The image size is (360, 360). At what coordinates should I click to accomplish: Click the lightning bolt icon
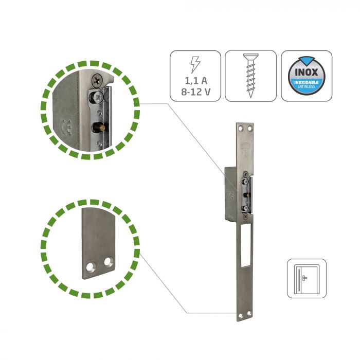coord(195,64)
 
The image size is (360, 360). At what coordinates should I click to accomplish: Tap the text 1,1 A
coord(196,81)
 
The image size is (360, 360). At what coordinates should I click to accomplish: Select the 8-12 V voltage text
coord(195,92)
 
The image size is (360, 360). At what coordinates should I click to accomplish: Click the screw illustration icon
coord(250,76)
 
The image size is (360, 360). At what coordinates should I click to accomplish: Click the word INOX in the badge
coord(307,73)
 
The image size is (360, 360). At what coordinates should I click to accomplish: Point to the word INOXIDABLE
coord(307,82)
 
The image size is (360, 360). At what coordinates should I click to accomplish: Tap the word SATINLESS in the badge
coord(307,86)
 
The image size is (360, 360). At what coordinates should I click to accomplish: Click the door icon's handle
coord(304,278)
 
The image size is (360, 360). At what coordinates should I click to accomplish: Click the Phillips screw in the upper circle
coord(97,80)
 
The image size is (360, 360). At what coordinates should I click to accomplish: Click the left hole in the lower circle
coord(89,267)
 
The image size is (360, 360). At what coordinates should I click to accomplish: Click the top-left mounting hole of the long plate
coord(241,129)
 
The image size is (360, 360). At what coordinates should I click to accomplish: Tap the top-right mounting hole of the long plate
coord(250,129)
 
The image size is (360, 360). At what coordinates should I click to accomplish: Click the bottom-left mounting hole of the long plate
coord(241,316)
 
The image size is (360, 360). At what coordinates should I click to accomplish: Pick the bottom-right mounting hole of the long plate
coord(249,313)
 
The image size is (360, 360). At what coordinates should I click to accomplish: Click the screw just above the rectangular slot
coord(246,216)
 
